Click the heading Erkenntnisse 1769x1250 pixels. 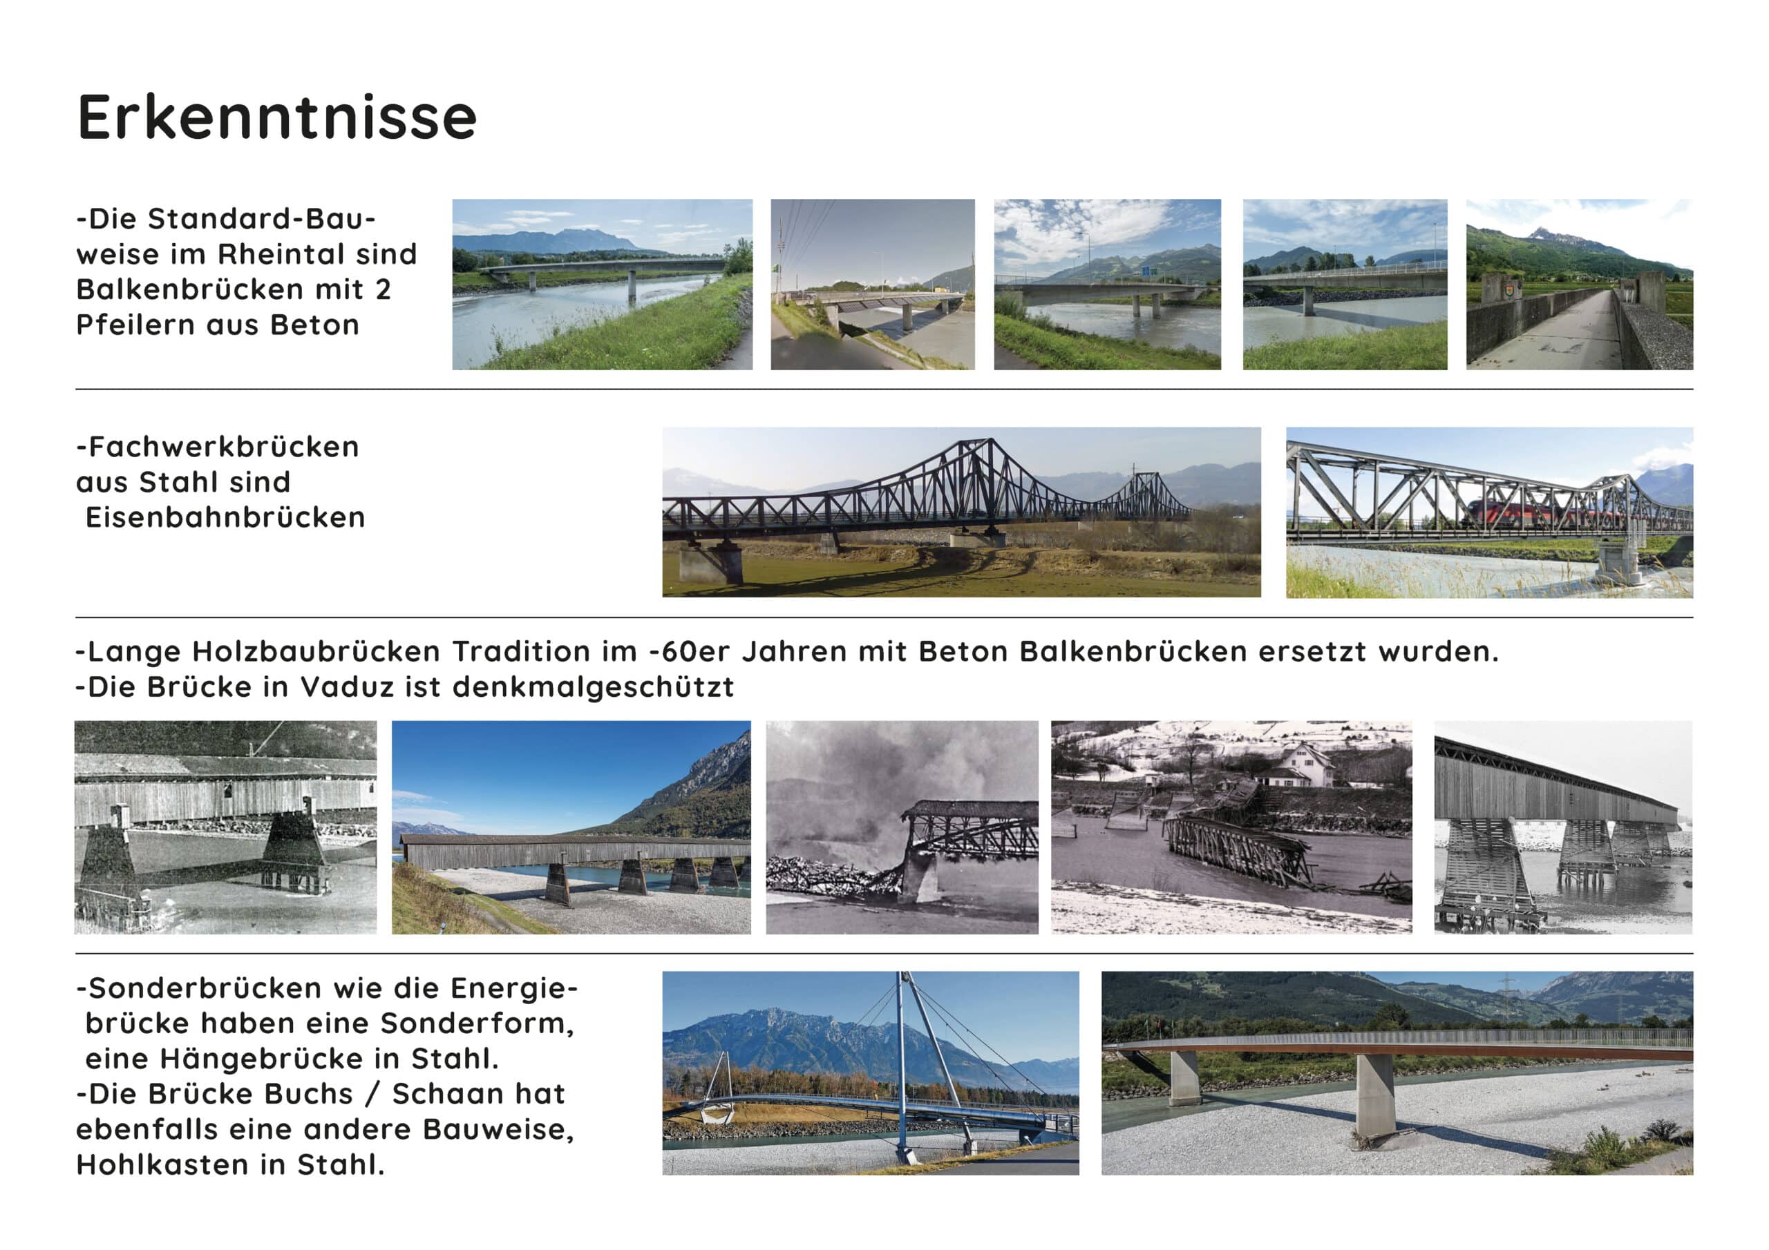[276, 117]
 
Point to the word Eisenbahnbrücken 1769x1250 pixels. [225, 517]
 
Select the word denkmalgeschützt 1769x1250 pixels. [594, 688]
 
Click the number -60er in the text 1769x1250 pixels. [690, 651]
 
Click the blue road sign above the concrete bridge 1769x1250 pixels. [1148, 271]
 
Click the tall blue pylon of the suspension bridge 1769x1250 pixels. [902, 1068]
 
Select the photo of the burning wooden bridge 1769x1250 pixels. [902, 827]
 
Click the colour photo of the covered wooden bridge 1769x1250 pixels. [571, 827]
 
